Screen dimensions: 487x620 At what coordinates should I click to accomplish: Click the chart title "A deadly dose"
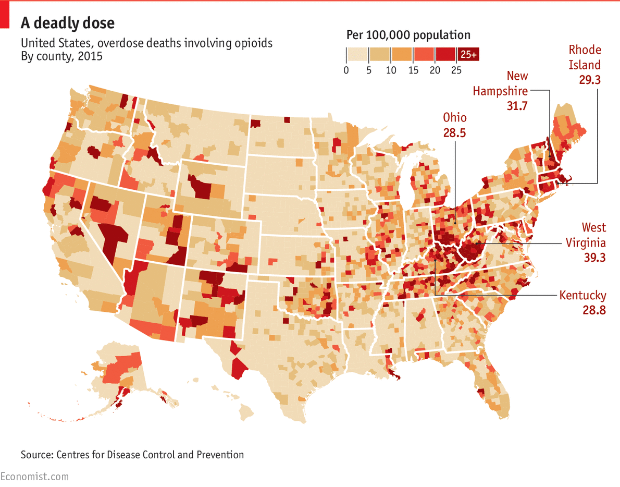68,23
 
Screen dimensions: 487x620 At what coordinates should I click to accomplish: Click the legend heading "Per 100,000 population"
408,35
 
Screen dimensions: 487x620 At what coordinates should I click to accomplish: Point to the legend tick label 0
346,70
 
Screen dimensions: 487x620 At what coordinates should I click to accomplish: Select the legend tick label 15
413,70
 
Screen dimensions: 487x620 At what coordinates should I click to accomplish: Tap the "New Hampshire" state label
500,83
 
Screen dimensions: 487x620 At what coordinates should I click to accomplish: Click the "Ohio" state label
455,117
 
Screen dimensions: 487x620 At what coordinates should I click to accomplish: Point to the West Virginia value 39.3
594,257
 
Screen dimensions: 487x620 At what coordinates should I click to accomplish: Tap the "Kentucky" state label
582,296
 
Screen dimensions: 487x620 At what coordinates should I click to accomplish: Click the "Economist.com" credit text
34,477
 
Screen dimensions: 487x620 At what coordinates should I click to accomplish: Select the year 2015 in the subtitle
91,56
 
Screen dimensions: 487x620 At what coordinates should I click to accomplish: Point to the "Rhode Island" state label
585,57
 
